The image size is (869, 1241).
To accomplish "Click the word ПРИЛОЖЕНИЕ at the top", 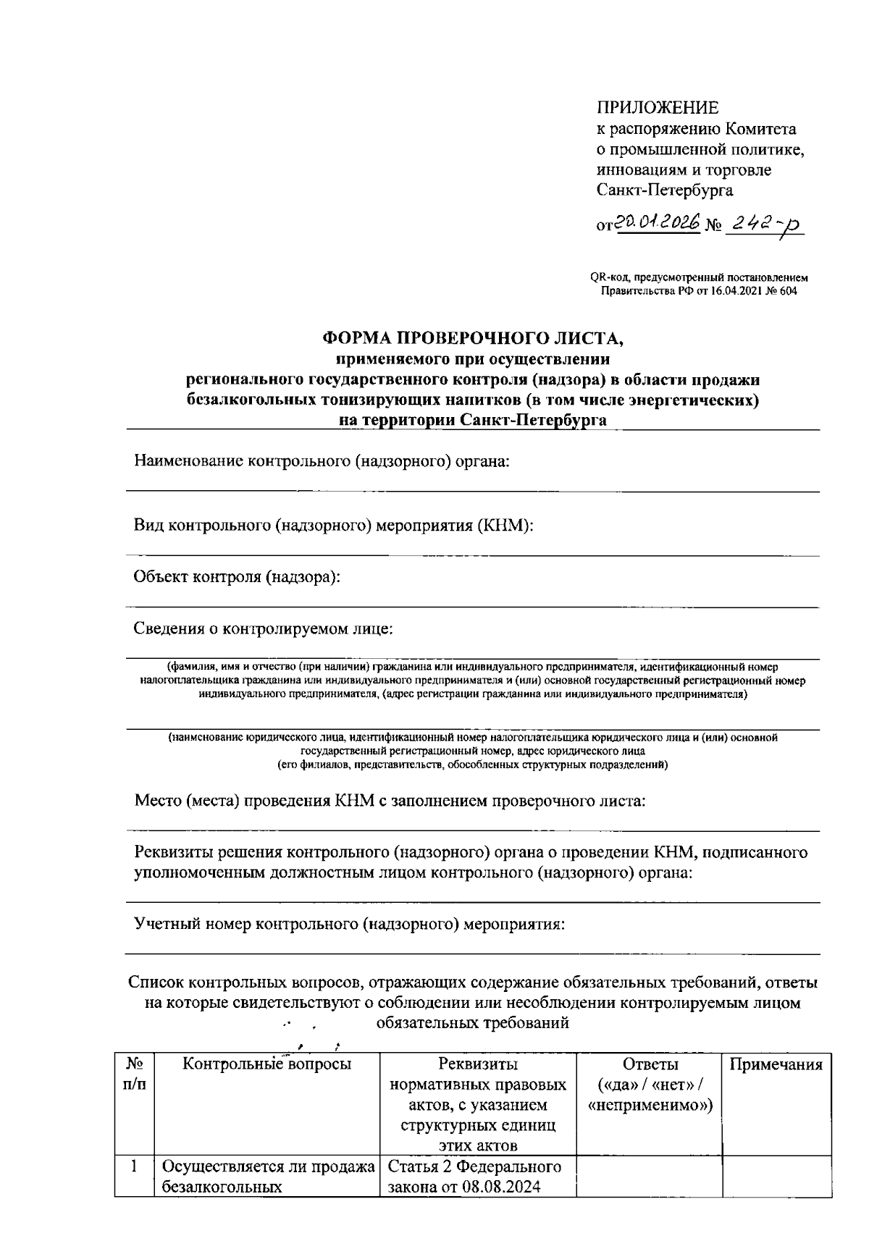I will pos(658,108).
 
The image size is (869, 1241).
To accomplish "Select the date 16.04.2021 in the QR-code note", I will pos(735,291).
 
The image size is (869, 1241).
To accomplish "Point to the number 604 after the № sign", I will pos(787,291).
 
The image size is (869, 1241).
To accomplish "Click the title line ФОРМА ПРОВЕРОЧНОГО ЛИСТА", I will pos(472,337).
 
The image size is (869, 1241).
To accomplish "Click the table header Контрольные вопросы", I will pos(266,1064).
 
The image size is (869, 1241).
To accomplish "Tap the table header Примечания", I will pos(776,1064).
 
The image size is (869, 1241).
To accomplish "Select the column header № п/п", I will pos(134,1074).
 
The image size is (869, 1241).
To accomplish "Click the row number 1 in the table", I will pos(133,1166).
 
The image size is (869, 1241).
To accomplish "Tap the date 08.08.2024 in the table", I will pos(501,1187).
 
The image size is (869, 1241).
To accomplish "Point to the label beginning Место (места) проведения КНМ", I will pos(390,801).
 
